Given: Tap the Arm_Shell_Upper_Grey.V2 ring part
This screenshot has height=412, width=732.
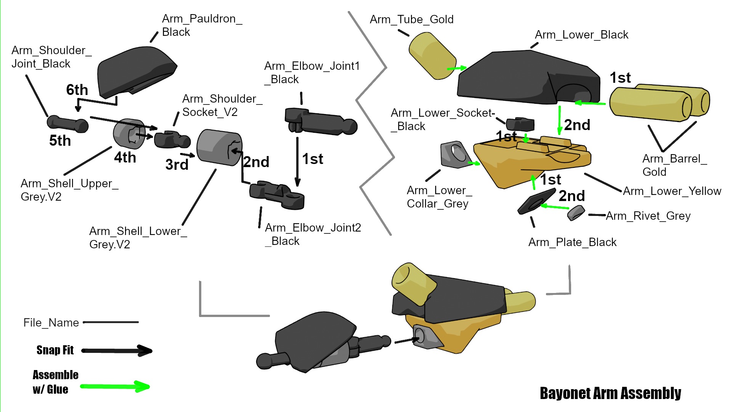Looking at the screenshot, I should click(x=129, y=134).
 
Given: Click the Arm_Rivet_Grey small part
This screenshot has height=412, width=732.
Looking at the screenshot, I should click(x=576, y=213).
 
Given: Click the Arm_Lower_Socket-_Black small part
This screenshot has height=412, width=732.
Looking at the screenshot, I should click(x=520, y=124).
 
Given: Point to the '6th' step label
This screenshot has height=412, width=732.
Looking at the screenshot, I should click(x=77, y=90).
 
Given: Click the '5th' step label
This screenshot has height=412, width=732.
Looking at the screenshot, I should click(x=60, y=141).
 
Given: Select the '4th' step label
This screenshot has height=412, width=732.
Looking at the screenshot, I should click(x=125, y=158).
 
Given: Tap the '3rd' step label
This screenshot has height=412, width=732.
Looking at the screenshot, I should click(x=177, y=165).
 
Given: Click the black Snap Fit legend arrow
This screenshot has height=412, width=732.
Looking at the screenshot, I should click(x=117, y=351).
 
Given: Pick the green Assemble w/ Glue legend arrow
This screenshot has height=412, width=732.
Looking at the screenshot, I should click(x=115, y=387).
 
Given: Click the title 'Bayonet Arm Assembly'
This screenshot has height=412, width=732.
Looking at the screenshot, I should click(x=610, y=393).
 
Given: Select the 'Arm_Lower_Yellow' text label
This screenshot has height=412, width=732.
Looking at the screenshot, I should click(x=672, y=191).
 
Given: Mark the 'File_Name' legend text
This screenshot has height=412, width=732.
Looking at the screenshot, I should click(x=51, y=323).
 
